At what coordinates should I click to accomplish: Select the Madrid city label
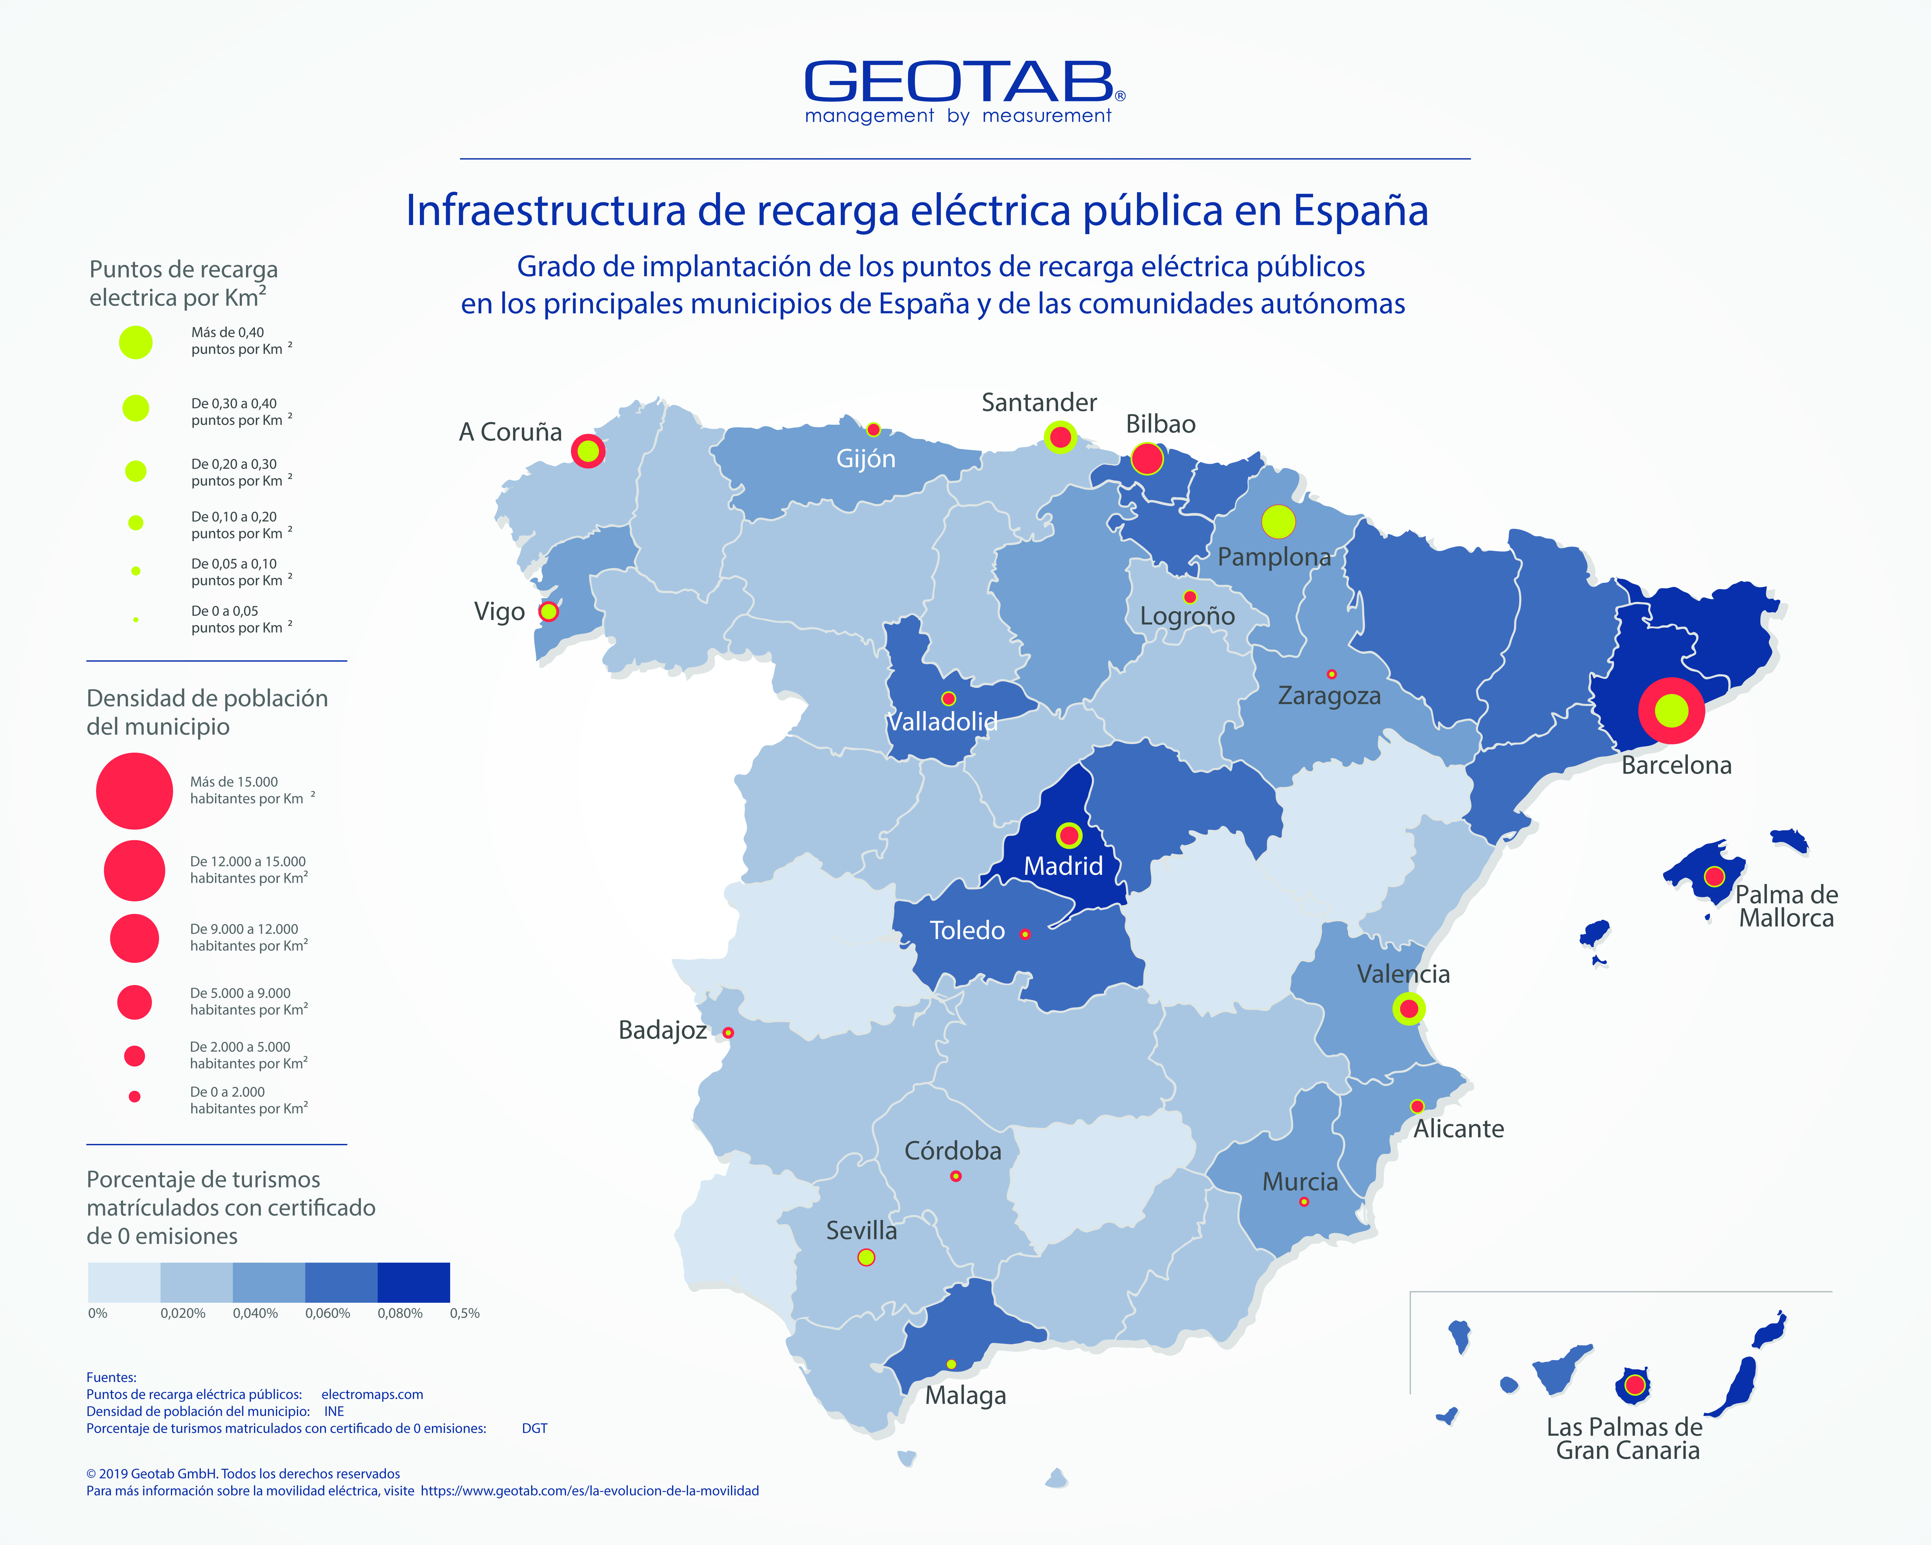(1063, 866)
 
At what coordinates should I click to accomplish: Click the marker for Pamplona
(1278, 521)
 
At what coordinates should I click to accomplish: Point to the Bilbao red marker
(1147, 459)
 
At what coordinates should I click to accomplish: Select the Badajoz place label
(663, 1030)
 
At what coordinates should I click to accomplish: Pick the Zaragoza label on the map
(1329, 696)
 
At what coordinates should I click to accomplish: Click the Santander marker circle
(1060, 437)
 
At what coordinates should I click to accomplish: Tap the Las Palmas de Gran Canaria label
(1625, 1438)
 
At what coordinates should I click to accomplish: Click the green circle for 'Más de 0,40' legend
(136, 342)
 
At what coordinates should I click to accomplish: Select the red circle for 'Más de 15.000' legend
(134, 791)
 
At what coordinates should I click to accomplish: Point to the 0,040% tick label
(255, 1313)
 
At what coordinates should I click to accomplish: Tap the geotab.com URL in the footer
(589, 1490)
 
